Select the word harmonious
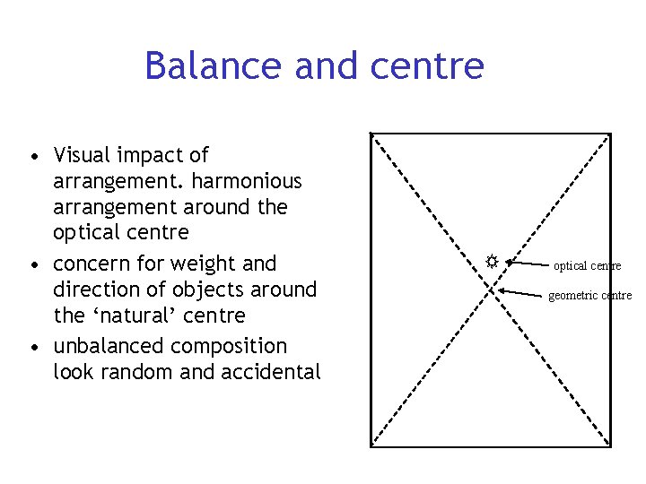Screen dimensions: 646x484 click(x=247, y=181)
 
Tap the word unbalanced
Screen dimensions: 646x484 click(x=112, y=346)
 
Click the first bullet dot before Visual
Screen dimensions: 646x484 click(x=33, y=158)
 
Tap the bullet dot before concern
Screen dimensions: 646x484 click(x=33, y=266)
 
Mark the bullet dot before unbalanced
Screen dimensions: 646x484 click(x=33, y=349)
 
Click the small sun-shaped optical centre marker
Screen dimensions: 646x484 click(x=492, y=262)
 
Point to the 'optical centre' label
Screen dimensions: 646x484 click(x=587, y=266)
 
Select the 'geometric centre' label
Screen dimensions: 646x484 click(x=589, y=296)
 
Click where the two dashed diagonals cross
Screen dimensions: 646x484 click(x=491, y=290)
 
